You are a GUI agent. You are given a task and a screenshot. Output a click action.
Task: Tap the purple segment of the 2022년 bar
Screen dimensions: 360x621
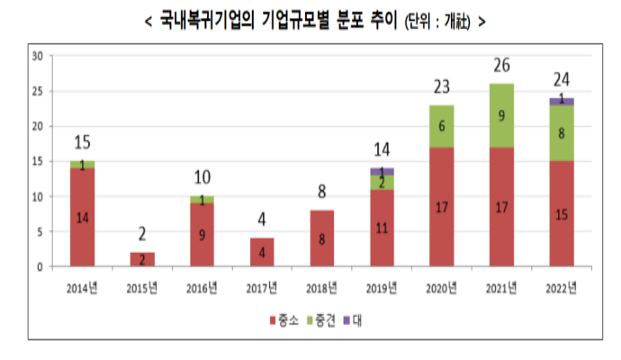[562, 101]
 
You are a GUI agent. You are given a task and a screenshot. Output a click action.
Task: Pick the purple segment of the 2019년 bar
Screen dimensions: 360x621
[382, 171]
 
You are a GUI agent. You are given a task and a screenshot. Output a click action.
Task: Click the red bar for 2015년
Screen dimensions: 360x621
[142, 259]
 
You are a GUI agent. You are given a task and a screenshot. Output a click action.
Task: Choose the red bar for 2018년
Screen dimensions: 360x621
[322, 238]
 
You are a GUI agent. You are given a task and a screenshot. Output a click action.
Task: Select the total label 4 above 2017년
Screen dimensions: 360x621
[262, 220]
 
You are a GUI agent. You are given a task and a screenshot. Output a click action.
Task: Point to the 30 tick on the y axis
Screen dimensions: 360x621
[38, 56]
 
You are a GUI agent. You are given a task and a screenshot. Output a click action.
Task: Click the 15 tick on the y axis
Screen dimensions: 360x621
[38, 161]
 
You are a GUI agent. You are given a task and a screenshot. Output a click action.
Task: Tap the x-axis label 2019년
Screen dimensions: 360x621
[381, 287]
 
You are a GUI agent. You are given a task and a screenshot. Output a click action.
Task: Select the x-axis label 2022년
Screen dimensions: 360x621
[562, 287]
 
